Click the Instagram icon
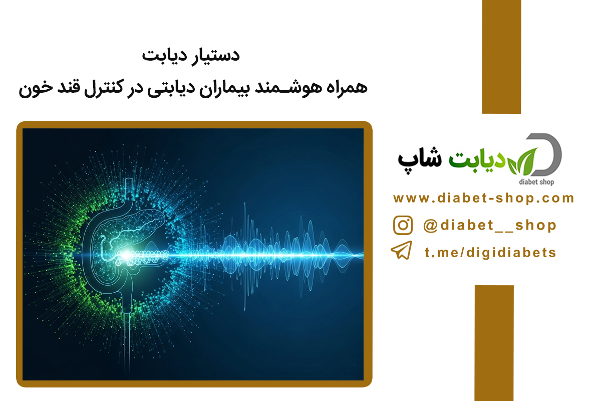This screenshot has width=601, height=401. click(403, 226)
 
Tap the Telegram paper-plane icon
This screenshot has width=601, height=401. click(402, 250)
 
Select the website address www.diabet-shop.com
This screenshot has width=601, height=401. click(483, 198)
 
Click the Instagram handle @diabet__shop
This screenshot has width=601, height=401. click(490, 225)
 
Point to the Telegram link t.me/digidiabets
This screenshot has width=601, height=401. click(490, 253)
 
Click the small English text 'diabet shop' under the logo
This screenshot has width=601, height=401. click(536, 182)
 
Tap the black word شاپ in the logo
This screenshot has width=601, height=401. click(420, 159)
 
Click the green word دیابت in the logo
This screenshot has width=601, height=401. click(477, 160)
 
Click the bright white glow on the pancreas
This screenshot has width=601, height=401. click(126, 255)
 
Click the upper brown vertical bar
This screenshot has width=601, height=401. click(501, 57)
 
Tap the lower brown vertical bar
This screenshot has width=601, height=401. click(494, 343)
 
